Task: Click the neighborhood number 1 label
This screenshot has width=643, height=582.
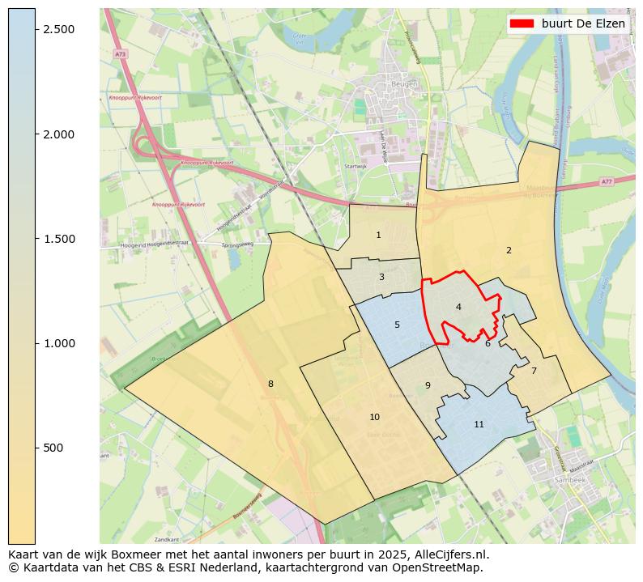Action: [378, 235]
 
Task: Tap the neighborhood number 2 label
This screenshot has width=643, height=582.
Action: [509, 250]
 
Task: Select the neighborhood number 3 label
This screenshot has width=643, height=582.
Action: [381, 277]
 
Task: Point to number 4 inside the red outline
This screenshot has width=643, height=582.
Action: [458, 307]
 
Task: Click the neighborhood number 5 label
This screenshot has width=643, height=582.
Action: [397, 325]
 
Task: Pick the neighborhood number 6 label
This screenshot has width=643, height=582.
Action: [488, 343]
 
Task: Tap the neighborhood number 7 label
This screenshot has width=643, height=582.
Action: [534, 371]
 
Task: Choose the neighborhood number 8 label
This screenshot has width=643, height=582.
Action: [270, 384]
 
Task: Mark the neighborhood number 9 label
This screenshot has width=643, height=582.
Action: [428, 385]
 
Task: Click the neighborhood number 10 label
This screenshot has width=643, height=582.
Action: [374, 417]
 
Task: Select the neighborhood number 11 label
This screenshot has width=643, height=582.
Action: [479, 424]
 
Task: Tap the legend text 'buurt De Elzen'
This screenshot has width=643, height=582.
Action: [583, 24]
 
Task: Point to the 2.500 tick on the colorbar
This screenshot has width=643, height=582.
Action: [58, 29]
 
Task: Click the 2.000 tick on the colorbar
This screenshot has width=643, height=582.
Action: [58, 134]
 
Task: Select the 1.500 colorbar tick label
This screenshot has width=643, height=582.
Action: [58, 239]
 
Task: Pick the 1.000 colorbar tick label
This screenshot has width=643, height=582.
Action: [58, 343]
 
